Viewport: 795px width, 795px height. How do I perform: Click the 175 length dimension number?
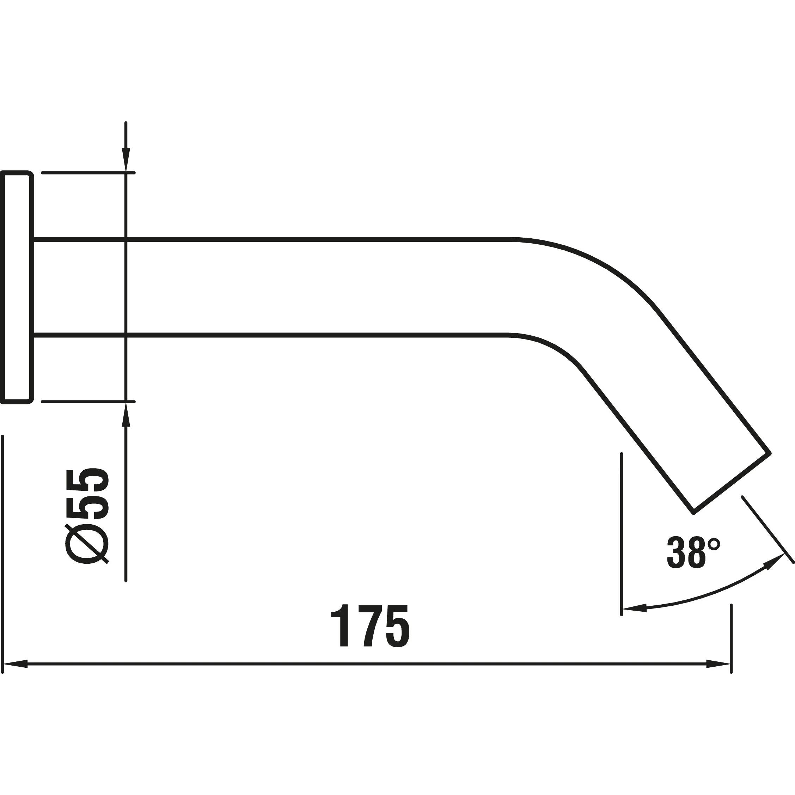pos(370,626)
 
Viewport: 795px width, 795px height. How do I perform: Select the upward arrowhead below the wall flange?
pos(126,414)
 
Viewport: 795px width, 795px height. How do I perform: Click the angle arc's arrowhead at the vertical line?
pos(635,608)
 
